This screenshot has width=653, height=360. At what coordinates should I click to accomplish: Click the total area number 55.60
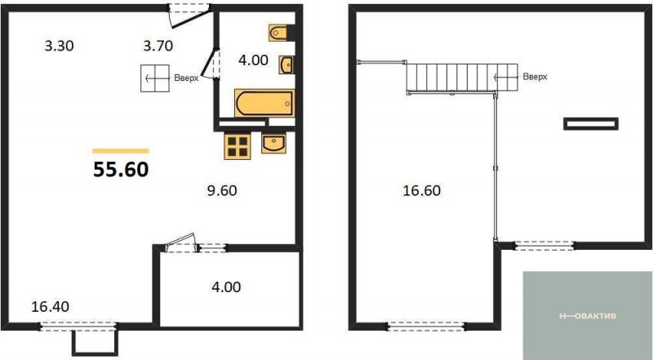point(121,170)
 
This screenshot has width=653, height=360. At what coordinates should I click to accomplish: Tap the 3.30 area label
point(59,46)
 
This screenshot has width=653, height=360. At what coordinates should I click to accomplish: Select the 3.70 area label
point(158,46)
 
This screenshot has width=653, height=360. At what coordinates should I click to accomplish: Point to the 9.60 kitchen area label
point(222,190)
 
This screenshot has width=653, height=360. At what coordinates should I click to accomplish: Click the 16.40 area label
point(51,307)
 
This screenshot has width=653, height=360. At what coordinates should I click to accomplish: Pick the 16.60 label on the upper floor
point(421,190)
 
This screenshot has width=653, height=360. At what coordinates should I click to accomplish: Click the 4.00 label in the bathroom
point(253,60)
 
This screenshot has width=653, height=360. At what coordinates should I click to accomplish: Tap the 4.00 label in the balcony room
point(226,287)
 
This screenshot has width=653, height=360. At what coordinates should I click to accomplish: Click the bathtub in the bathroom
point(264,104)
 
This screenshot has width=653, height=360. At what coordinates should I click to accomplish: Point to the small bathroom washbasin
point(287,65)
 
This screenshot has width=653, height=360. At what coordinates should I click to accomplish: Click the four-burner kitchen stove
point(238,146)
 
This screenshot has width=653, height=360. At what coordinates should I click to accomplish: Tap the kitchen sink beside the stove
point(273,143)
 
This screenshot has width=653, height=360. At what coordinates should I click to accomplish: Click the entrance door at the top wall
point(189,15)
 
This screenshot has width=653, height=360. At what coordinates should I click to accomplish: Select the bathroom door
point(211,64)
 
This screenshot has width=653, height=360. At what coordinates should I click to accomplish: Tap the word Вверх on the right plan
point(535,77)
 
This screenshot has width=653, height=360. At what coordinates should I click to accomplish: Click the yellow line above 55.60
point(121,151)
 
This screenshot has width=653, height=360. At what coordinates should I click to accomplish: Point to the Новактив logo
point(587,316)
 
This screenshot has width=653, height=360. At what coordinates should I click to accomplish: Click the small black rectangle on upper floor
point(590,124)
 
